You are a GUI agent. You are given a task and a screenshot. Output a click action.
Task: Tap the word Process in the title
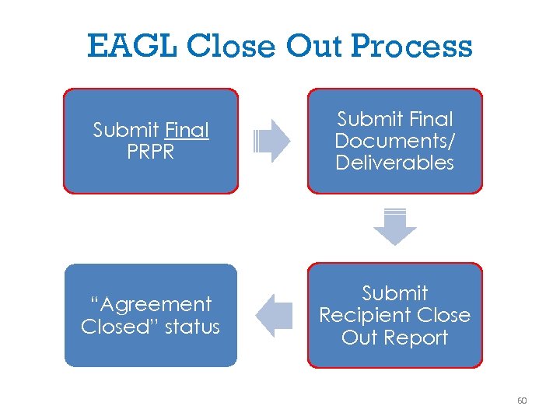412,47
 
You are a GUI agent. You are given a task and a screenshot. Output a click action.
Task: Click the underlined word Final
187,130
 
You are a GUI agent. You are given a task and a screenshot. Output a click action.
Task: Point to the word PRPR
150,152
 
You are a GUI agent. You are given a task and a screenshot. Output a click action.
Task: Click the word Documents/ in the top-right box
394,141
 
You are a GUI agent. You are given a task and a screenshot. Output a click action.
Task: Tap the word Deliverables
394,163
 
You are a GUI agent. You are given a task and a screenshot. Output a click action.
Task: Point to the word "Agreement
150,304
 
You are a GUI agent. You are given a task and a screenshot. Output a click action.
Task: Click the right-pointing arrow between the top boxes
271,141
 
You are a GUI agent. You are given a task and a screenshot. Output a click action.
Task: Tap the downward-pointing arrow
394,228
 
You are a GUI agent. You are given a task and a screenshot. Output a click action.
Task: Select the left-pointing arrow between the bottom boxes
273,315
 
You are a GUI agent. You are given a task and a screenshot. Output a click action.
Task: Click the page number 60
521,401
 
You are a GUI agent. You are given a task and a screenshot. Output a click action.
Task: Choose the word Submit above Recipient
394,293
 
